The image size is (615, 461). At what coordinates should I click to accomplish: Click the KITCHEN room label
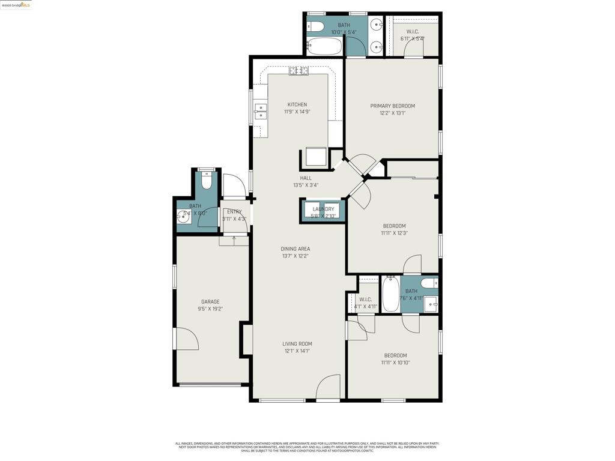(297, 104)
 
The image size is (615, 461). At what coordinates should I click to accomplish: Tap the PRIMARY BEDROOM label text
(392, 106)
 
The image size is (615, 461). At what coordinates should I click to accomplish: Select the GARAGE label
(210, 302)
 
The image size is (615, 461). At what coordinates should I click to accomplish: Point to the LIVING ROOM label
(297, 344)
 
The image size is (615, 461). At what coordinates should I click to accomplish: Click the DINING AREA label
(295, 249)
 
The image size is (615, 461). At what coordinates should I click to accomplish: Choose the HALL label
(306, 178)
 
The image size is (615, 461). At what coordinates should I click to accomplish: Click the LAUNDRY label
(323, 209)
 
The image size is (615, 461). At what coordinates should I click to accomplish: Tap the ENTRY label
(234, 212)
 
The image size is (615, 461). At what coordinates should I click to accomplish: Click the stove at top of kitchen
(298, 71)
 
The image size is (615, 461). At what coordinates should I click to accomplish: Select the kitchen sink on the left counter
(260, 109)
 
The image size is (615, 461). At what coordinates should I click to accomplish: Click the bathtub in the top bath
(324, 46)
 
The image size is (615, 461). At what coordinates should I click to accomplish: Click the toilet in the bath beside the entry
(207, 179)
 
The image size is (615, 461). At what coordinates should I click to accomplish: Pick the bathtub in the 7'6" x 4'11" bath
(390, 294)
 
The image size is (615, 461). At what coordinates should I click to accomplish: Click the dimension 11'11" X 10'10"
(395, 363)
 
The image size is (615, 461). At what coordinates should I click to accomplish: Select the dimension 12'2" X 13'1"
(392, 113)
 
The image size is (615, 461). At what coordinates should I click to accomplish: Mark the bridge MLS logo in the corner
(16, 5)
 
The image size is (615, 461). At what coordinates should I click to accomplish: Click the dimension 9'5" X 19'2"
(210, 309)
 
